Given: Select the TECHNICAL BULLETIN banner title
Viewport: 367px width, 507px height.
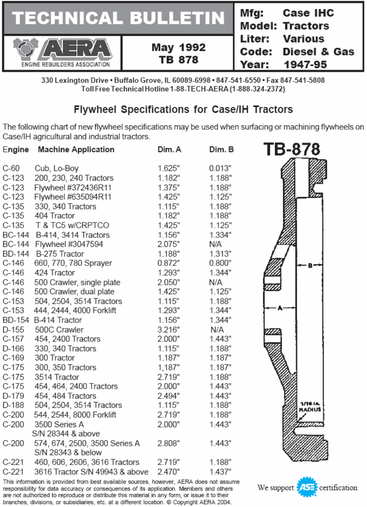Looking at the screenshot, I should (x=118, y=18).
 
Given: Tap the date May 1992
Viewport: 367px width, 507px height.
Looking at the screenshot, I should (x=178, y=47).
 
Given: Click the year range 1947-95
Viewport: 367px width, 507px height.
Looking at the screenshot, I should (x=305, y=64).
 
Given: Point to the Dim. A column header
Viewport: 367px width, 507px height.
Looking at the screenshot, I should (x=169, y=149).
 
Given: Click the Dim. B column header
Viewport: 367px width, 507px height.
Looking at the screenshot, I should (x=221, y=149).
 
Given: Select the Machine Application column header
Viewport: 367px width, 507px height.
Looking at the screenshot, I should (x=76, y=149).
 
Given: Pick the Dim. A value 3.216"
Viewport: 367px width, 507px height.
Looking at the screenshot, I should (x=168, y=330).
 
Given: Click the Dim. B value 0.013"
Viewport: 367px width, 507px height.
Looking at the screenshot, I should (x=220, y=168).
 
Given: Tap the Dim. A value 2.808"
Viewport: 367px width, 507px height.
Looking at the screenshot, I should (x=168, y=443).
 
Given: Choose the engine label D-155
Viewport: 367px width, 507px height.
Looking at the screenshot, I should (x=13, y=330).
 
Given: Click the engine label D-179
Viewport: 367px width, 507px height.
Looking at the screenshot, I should (x=13, y=396).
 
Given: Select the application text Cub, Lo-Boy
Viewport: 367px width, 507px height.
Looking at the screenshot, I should (x=57, y=168).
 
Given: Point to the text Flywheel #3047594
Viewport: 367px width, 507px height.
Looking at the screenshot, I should (x=69, y=244).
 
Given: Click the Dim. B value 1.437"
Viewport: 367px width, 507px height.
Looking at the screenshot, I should (x=220, y=472).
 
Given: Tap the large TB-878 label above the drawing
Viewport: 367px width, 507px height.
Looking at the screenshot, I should (x=292, y=149).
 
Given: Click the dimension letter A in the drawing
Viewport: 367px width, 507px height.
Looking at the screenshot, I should (x=280, y=308).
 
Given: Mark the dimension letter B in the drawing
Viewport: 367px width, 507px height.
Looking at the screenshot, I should (x=310, y=266).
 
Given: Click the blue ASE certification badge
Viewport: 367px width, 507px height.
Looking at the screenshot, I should (x=307, y=487).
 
